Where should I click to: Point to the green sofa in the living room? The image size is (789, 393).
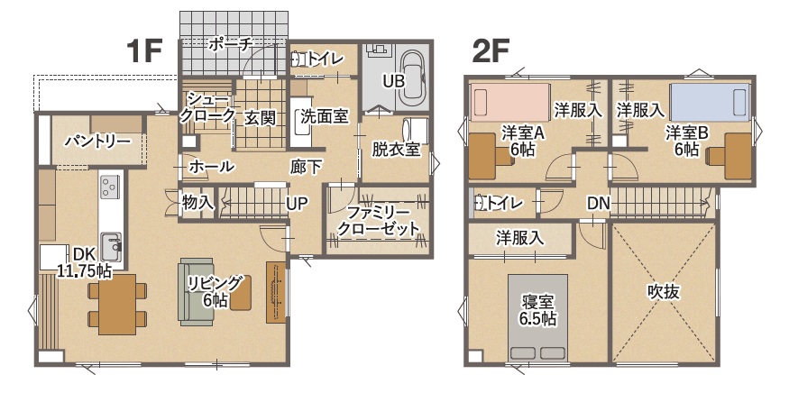(197, 291)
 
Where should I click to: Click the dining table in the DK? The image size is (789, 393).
(117, 305)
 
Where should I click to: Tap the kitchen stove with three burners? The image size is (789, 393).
(111, 187)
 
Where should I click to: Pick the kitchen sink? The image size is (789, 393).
(111, 245)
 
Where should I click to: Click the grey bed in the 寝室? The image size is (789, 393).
(538, 317)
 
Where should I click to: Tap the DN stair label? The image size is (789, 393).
(599, 204)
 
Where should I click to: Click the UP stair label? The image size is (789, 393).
(298, 203)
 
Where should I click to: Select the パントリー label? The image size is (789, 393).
(97, 142)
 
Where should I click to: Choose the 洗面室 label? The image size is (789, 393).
(324, 117)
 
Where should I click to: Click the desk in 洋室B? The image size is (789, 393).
(736, 156)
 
